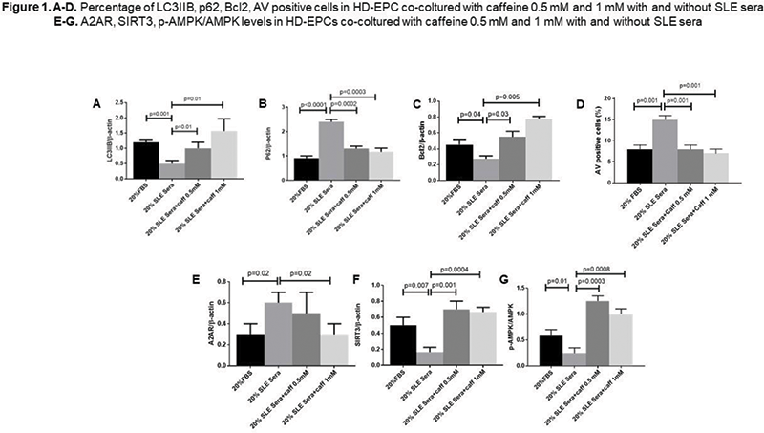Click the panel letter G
533,281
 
